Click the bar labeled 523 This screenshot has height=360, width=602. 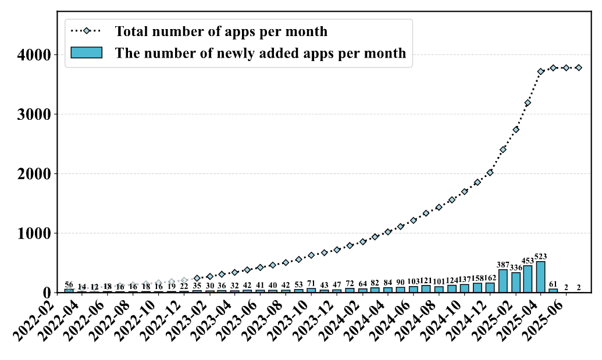[x=540, y=277]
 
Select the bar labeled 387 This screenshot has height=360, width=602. [x=503, y=281]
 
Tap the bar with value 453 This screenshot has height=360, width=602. [x=528, y=279]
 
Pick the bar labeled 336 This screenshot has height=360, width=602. [x=515, y=283]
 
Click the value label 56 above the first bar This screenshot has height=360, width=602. [x=69, y=284]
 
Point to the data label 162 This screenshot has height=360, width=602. [x=490, y=279]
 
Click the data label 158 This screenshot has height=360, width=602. [x=477, y=279]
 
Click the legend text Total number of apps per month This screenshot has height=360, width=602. [x=221, y=31]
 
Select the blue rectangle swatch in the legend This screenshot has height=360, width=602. [x=86, y=52]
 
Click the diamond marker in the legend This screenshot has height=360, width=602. [x=86, y=31]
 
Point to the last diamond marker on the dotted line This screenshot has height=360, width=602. [x=578, y=68]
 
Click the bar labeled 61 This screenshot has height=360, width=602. [x=553, y=290]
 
